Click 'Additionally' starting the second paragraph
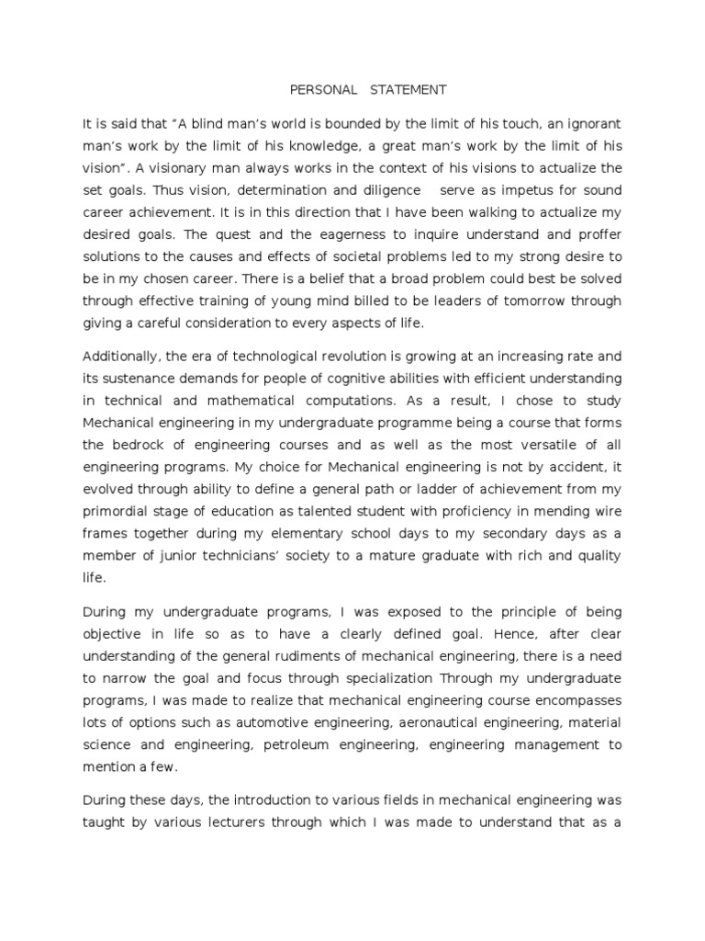[x=119, y=357]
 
